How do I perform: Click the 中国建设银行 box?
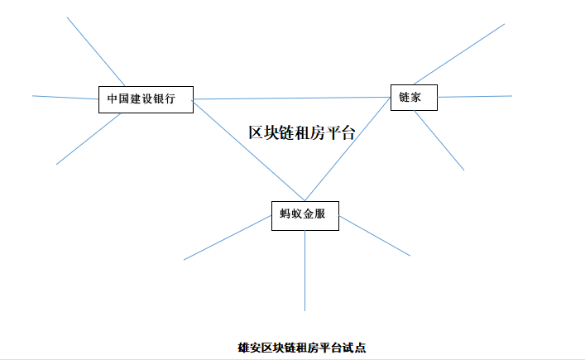click(145, 99)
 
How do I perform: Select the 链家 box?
click(413, 97)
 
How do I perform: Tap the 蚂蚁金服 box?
click(304, 214)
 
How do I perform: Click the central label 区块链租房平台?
click(301, 132)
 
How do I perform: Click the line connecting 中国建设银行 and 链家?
click(290, 98)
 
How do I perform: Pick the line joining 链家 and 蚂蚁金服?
click(348, 149)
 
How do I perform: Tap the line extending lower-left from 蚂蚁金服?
click(228, 238)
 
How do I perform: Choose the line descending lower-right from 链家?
click(439, 140)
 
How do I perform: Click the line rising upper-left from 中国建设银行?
click(95, 50)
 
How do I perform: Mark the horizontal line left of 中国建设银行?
click(65, 97)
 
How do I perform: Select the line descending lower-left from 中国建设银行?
click(88, 139)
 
